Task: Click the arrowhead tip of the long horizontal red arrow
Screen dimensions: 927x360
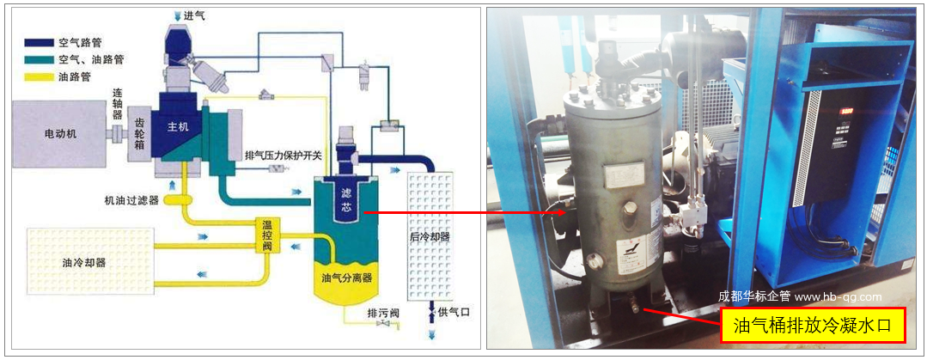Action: coord(568,212)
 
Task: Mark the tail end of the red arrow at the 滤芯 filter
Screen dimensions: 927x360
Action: coord(363,212)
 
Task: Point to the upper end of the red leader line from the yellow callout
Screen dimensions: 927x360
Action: coord(643,308)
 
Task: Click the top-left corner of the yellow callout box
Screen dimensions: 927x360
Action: coord(721,308)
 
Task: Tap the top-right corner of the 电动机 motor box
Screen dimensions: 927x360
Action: coord(104,101)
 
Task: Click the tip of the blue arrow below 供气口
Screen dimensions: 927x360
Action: coord(432,339)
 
